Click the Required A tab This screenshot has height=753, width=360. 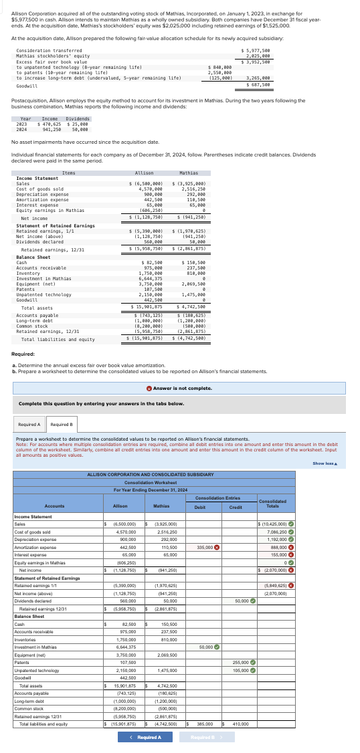click(x=29, y=424)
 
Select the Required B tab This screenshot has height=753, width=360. click(x=62, y=424)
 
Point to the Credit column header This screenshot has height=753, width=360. click(x=236, y=507)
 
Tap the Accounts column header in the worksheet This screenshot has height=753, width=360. click(x=54, y=506)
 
